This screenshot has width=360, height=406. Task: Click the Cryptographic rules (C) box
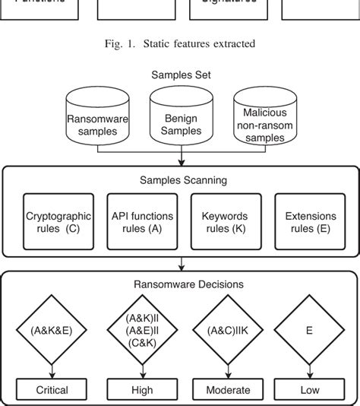[x=53, y=222]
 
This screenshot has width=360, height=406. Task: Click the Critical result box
[x=52, y=390]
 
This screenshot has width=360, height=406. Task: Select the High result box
[x=142, y=390]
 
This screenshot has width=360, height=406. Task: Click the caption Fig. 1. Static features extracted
[x=179, y=43]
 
